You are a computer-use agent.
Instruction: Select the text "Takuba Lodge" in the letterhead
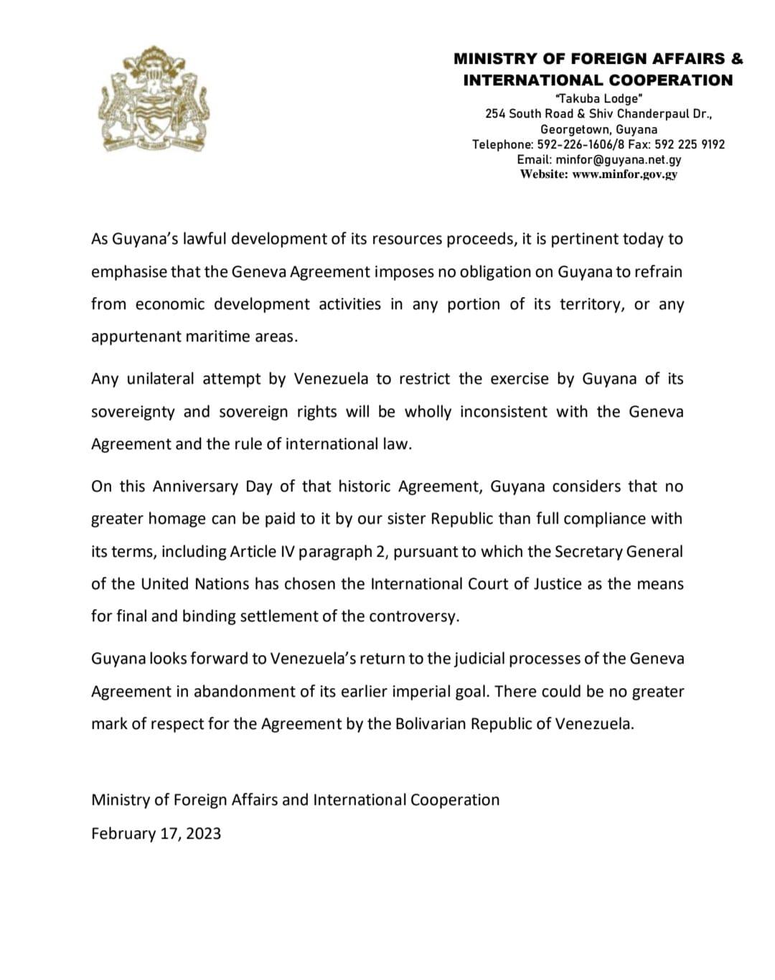(598, 98)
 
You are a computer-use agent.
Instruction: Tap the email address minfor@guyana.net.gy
(618, 159)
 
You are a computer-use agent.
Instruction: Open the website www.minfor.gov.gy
(625, 174)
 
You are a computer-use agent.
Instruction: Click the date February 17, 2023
(156, 833)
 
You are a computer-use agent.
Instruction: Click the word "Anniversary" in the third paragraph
(196, 486)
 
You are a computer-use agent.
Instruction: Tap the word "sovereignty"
(132, 412)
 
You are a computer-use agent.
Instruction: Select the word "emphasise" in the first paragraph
(128, 272)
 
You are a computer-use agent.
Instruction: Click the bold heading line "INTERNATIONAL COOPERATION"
(598, 80)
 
